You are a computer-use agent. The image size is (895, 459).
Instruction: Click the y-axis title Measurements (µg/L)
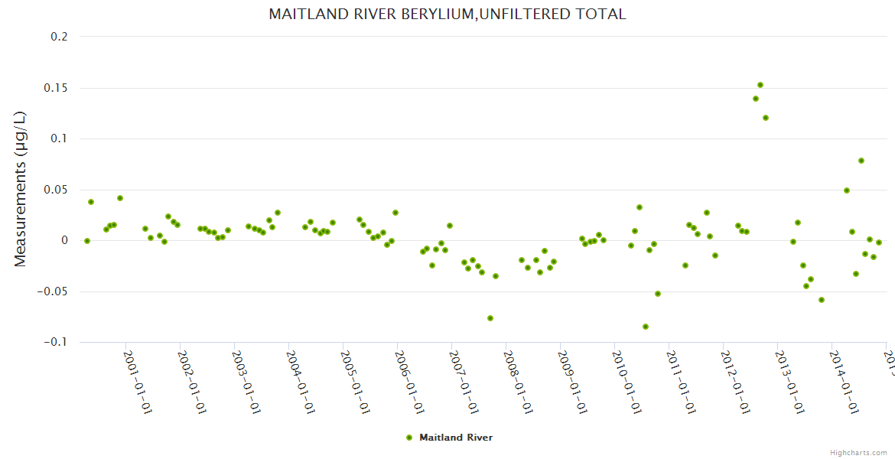tap(21, 189)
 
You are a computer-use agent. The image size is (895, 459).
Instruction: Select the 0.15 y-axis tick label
tap(55, 88)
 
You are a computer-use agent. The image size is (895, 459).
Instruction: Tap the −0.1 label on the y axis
tap(55, 343)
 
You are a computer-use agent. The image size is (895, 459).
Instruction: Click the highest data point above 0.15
tap(760, 85)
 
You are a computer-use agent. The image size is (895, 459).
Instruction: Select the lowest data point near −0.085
tap(646, 327)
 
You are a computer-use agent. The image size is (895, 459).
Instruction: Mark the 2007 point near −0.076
tap(490, 318)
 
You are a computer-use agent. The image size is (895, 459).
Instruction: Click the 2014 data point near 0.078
tap(861, 161)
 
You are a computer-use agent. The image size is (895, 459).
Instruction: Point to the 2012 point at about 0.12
tap(766, 118)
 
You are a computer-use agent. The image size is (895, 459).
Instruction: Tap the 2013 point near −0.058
tap(822, 300)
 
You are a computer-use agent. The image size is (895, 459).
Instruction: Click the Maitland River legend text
tap(456, 438)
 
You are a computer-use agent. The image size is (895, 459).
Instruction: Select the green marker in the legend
tap(409, 438)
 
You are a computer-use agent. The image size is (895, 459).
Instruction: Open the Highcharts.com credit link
tap(859, 452)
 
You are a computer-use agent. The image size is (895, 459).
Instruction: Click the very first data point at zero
tap(87, 241)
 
